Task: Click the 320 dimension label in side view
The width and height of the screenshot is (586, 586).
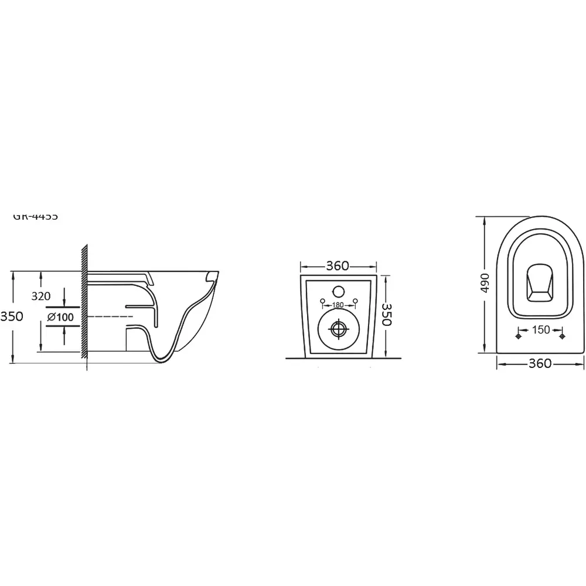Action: point(41,296)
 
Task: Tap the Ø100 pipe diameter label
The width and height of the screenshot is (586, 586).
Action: point(60,317)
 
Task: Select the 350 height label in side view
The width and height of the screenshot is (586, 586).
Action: point(12,316)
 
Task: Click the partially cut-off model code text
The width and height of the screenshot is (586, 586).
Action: point(35,216)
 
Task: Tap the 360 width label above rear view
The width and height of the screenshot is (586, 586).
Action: point(338,265)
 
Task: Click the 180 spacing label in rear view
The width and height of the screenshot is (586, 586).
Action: point(338,304)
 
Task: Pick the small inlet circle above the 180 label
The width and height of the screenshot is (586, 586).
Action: point(338,290)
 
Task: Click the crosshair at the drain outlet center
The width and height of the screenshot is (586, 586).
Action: point(338,329)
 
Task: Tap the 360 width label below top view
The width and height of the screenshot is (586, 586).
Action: point(540,363)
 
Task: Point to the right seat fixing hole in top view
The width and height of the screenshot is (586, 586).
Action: point(563,336)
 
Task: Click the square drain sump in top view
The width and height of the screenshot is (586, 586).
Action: point(540,286)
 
